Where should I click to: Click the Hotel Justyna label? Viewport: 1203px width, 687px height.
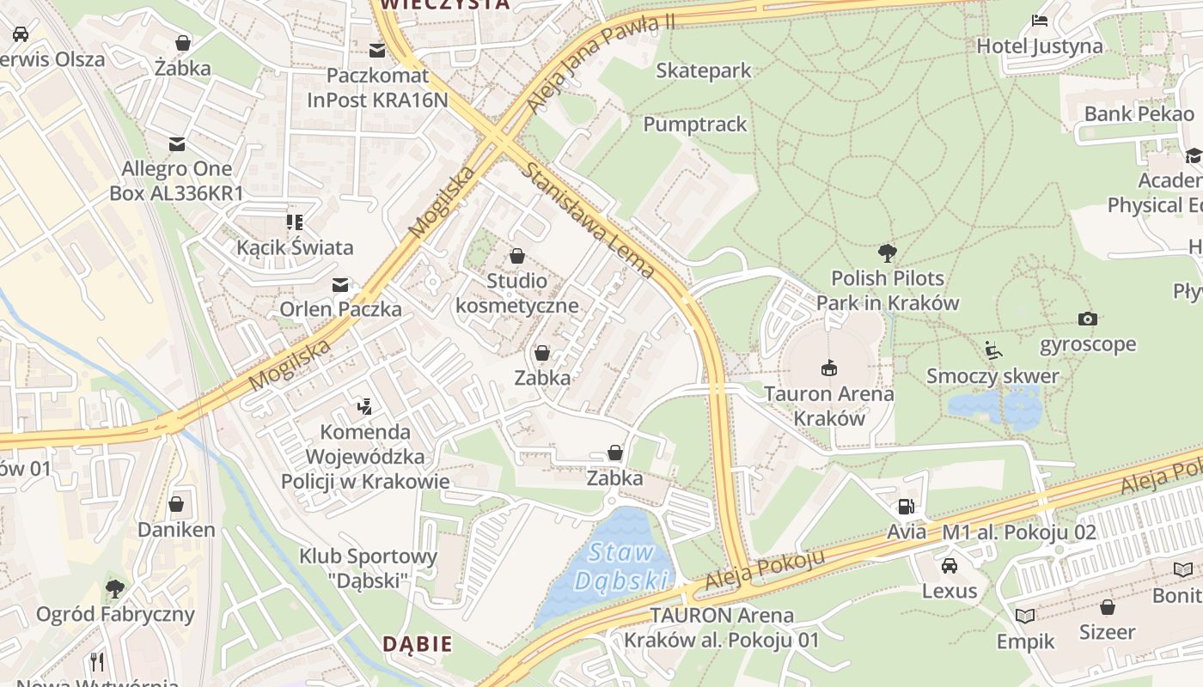click(1040, 46)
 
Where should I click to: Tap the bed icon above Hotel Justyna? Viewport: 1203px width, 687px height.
click(1040, 21)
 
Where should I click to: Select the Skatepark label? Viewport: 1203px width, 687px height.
click(703, 70)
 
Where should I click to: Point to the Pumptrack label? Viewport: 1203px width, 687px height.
click(695, 125)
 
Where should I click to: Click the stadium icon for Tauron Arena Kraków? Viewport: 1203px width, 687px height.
click(829, 368)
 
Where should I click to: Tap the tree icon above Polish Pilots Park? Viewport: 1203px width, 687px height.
click(888, 253)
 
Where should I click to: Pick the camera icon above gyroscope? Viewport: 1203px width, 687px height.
click(1088, 319)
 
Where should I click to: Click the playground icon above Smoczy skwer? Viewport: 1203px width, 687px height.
click(993, 350)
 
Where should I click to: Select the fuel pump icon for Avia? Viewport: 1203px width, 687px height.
click(906, 507)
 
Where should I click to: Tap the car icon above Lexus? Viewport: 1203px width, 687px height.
click(950, 566)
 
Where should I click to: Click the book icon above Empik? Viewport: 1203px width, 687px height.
click(1025, 616)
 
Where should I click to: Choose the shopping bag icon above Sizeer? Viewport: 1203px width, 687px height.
click(1108, 607)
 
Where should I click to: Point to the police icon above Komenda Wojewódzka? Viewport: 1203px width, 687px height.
click(365, 406)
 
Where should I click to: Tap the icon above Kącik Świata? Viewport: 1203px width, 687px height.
click(295, 222)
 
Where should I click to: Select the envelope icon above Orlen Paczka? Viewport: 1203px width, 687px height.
click(341, 284)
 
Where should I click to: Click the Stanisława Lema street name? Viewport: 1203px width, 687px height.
click(589, 221)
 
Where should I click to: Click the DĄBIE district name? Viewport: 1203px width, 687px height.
click(417, 644)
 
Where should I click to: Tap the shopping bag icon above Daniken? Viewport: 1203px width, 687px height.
click(176, 504)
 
